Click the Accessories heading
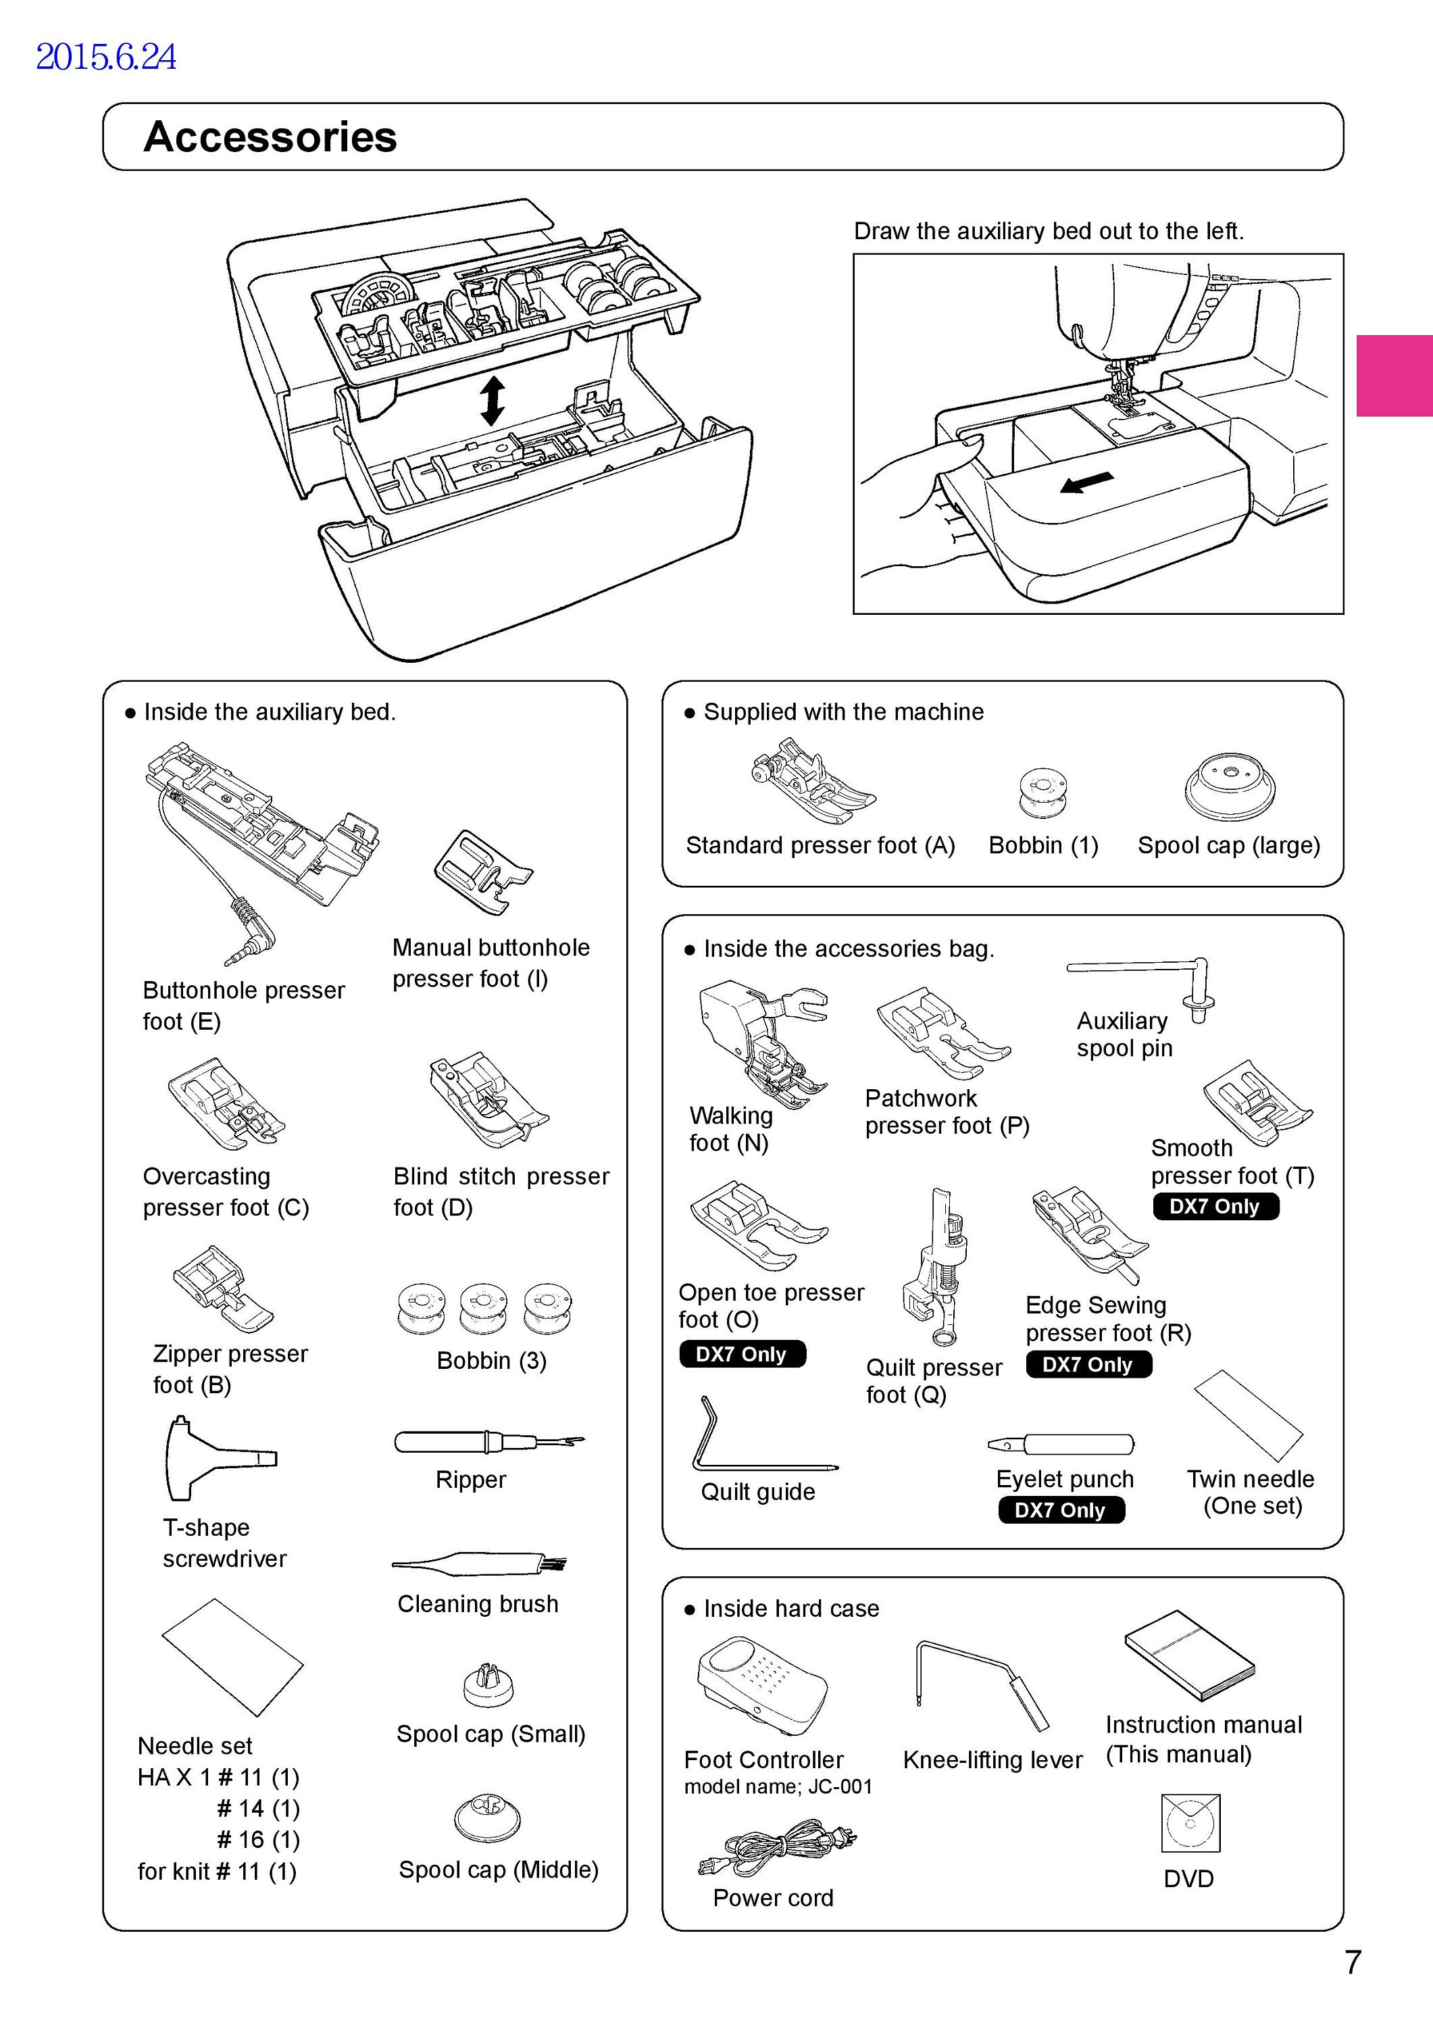[x=270, y=137]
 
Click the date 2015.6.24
[x=106, y=57]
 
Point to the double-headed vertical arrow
[x=492, y=402]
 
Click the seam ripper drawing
[x=488, y=1443]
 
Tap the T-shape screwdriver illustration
[x=219, y=1457]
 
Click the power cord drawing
[x=777, y=1848]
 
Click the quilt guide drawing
[x=765, y=1436]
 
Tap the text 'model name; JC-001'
[x=778, y=1787]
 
